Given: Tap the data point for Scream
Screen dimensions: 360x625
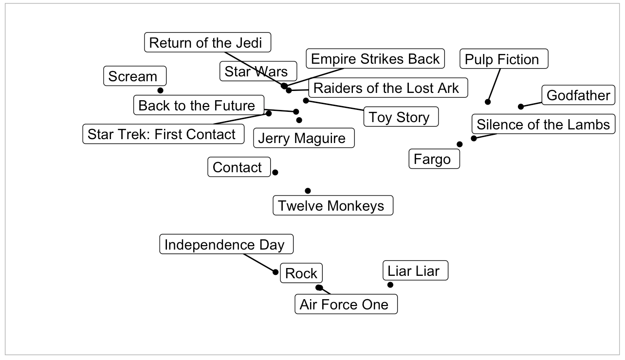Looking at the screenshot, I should (x=160, y=90).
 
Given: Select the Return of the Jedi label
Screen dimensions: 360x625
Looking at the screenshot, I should (x=207, y=43).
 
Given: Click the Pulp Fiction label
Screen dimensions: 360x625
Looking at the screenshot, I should (x=504, y=59).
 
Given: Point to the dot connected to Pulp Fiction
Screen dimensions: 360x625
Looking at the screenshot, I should (x=488, y=102).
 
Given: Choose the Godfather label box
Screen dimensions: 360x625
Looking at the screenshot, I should (x=578, y=95).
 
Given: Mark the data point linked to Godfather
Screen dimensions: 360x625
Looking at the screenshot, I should (x=521, y=107).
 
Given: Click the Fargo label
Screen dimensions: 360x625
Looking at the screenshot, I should (x=434, y=159).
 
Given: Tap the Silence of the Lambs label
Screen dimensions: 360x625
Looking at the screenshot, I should (x=543, y=124).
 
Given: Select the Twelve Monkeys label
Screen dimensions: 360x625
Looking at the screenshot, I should (x=332, y=206).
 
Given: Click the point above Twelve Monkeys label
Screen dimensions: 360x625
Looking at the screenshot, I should (x=308, y=191).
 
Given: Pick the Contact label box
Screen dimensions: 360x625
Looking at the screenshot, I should (x=238, y=167).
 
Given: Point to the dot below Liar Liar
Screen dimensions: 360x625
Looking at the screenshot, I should (x=390, y=285).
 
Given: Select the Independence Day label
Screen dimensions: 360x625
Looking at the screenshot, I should (x=226, y=244).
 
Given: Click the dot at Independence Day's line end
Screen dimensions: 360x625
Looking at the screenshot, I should (x=276, y=272).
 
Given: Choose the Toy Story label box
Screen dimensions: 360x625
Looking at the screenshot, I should (x=401, y=117).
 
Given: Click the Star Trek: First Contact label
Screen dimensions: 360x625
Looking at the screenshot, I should (x=163, y=134).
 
